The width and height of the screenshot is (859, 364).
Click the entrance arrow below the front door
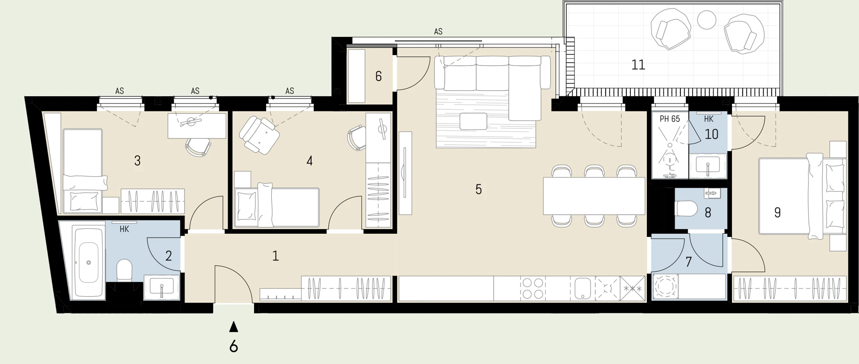(x=233, y=327)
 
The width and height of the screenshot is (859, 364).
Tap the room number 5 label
(x=478, y=189)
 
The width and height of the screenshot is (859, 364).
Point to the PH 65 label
(x=669, y=119)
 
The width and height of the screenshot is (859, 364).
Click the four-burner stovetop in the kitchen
(x=533, y=288)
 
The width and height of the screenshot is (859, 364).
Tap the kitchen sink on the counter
(x=582, y=288)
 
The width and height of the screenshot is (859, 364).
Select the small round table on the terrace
(x=707, y=20)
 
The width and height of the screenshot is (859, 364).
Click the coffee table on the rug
(x=473, y=121)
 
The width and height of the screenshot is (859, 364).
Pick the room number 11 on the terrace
(x=638, y=65)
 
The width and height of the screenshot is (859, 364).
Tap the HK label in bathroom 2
(x=124, y=229)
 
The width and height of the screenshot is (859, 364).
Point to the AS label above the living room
(x=438, y=32)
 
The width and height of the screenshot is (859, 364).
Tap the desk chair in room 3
(x=198, y=146)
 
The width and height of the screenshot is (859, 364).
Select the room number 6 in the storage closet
(x=378, y=76)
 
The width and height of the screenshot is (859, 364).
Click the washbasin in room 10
(x=707, y=166)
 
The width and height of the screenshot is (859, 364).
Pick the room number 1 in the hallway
(x=275, y=256)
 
